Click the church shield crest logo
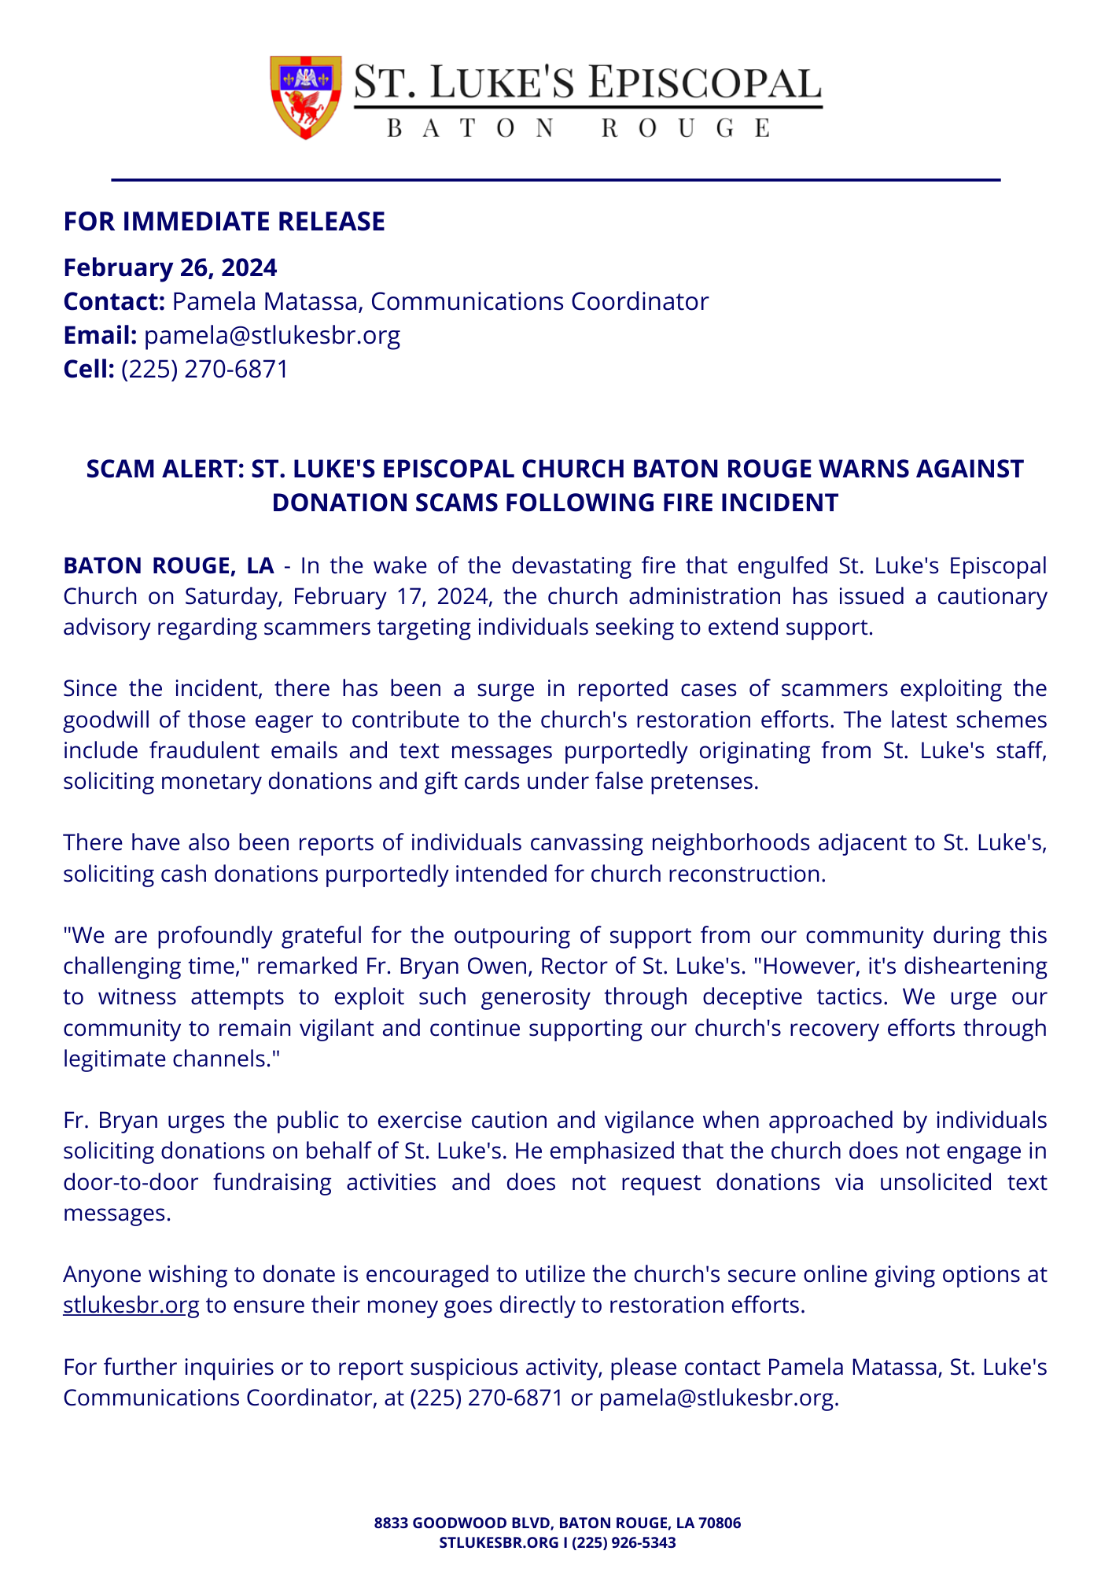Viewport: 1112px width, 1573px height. click(306, 97)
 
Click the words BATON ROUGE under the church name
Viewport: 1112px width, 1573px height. click(579, 128)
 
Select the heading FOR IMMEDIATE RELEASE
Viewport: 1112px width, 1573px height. click(224, 222)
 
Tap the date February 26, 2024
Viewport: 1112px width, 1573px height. click(170, 267)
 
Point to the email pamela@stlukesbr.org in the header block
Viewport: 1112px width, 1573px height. click(272, 335)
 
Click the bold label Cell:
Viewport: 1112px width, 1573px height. click(89, 369)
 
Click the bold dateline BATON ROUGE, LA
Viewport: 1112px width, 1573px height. click(168, 565)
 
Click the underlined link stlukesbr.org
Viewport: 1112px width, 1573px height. click(131, 1305)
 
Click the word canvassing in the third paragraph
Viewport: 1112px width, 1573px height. click(586, 842)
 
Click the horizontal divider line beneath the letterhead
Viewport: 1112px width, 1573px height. click(555, 180)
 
